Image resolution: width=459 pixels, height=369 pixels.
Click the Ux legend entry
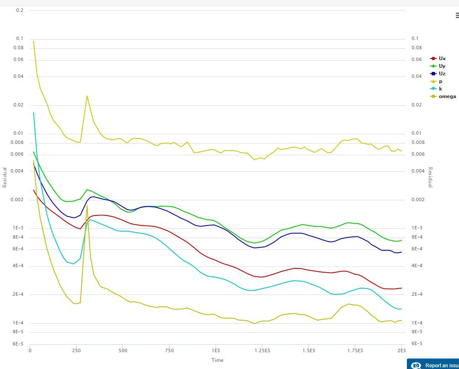(x=442, y=58)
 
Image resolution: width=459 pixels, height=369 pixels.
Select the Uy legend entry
(x=442, y=66)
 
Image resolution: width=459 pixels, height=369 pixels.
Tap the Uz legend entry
(x=442, y=74)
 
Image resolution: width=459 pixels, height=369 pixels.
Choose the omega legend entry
(x=447, y=96)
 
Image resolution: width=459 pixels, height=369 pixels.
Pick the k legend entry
(x=440, y=89)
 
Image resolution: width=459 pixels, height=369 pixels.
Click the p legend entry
(x=440, y=81)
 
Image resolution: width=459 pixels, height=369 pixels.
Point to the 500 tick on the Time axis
(x=123, y=350)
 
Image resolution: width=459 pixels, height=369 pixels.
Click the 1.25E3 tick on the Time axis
(x=262, y=350)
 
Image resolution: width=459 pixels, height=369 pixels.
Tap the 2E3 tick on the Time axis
(x=401, y=350)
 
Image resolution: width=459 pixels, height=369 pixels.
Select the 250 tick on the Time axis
(x=76, y=350)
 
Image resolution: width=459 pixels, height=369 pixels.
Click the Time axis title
(x=217, y=360)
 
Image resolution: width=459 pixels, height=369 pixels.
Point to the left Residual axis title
(x=5, y=177)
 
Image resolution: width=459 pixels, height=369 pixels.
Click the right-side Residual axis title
(x=430, y=177)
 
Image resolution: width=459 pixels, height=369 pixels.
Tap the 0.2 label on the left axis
(x=20, y=10)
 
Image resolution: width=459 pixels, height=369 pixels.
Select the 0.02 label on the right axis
(x=417, y=105)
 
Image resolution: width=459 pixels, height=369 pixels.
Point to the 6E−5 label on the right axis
(x=417, y=344)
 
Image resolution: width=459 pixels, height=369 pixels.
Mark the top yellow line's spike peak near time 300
(x=87, y=96)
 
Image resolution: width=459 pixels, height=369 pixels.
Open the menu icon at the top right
(x=457, y=16)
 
